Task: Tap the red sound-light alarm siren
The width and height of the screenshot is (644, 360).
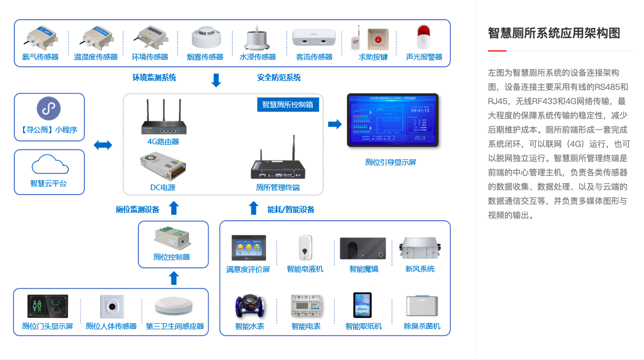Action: pyautogui.click(x=422, y=37)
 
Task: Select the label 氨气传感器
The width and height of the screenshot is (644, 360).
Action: pyautogui.click(x=41, y=57)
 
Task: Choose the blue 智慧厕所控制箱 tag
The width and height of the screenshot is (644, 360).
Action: pyautogui.click(x=287, y=105)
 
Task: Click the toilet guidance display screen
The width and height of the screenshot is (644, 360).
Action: pyautogui.click(x=393, y=121)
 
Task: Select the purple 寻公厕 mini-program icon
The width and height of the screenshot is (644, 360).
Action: pyautogui.click(x=49, y=108)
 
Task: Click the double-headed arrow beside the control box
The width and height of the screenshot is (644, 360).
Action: pyautogui.click(x=103, y=145)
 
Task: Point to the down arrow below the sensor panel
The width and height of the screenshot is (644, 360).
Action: pyautogui.click(x=216, y=81)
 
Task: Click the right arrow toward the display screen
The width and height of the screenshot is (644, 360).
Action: pyautogui.click(x=335, y=124)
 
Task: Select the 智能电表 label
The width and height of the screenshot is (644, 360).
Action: pyautogui.click(x=306, y=327)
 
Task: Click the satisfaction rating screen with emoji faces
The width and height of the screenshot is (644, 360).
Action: pyautogui.click(x=248, y=248)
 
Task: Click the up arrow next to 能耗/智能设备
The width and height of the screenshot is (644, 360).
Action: pyautogui.click(x=253, y=208)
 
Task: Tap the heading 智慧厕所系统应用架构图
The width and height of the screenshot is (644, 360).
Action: pyautogui.click(x=554, y=33)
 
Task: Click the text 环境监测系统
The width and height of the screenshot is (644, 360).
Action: pyautogui.click(x=154, y=78)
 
